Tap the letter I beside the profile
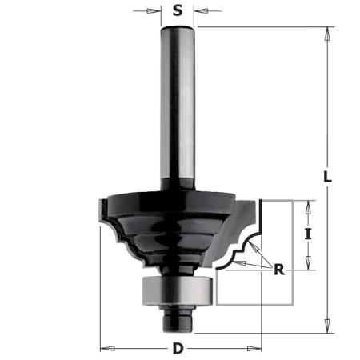pyautogui.click(x=307, y=236)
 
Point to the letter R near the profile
pyautogui.click(x=278, y=270)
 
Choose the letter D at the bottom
pyautogui.click(x=178, y=349)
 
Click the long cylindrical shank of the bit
pyautogui.click(x=178, y=104)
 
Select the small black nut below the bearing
pyautogui.click(x=178, y=317)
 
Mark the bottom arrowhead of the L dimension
pyautogui.click(x=327, y=328)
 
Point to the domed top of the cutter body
pyautogui.click(x=178, y=194)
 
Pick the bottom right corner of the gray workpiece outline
pyautogui.click(x=293, y=305)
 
